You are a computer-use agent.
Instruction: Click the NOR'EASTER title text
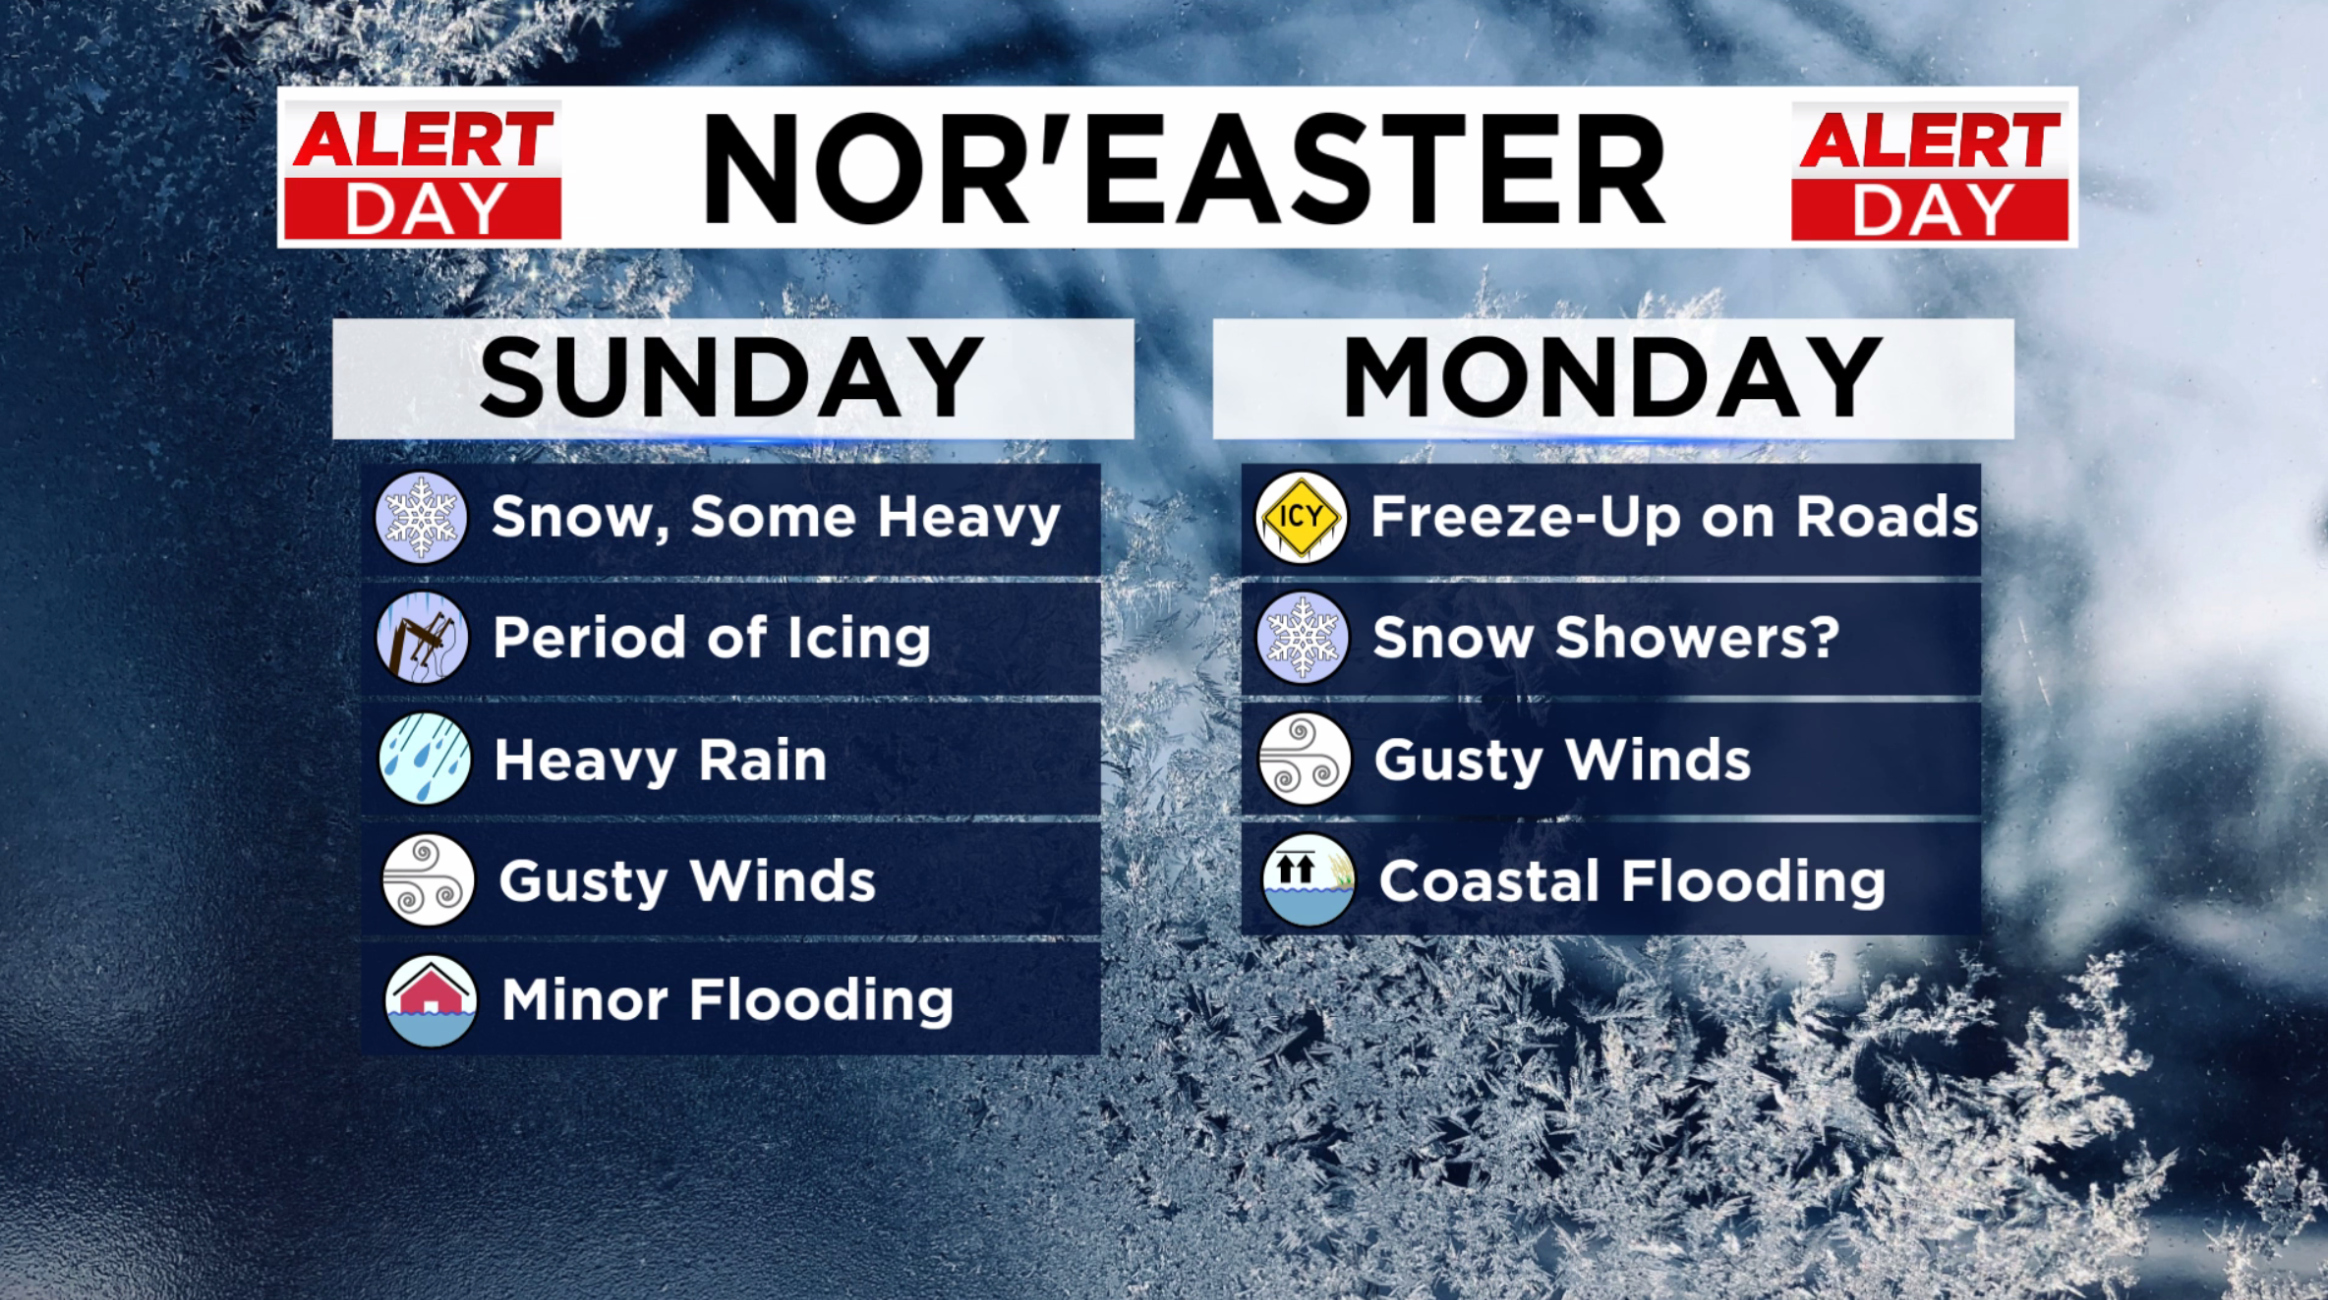(1184, 168)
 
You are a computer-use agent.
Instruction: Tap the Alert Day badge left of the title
(423, 171)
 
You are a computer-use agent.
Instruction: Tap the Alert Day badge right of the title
(1930, 171)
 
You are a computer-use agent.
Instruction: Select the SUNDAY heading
(731, 377)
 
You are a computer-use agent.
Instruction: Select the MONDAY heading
(1612, 377)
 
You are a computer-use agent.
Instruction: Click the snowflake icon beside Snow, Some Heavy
(421, 518)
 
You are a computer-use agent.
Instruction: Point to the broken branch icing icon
(423, 638)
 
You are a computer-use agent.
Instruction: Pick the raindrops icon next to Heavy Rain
(425, 759)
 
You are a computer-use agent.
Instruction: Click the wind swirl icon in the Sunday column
(428, 879)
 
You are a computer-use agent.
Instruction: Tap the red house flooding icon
(431, 1000)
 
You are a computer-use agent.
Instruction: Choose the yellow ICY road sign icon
(1301, 518)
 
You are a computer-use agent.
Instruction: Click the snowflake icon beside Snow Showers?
(1303, 638)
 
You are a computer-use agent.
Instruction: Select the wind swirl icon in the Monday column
(1305, 759)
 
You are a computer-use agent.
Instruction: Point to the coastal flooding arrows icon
(1308, 879)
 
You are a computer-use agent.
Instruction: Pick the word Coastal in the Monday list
(1490, 880)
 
